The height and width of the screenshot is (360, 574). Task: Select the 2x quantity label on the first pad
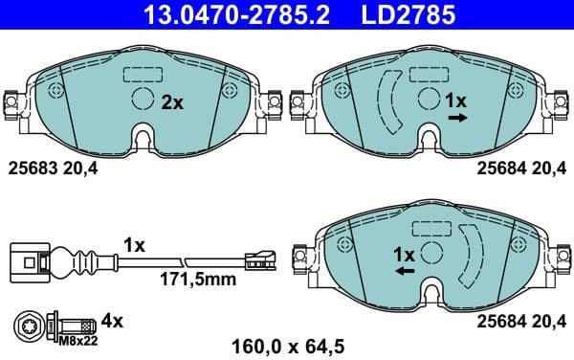click(x=171, y=101)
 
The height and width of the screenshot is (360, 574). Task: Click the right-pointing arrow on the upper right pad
click(x=457, y=118)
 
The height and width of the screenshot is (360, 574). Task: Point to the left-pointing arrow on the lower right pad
click(x=405, y=272)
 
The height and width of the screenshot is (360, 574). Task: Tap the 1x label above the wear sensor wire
click(x=133, y=245)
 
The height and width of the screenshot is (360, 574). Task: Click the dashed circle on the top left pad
click(x=141, y=100)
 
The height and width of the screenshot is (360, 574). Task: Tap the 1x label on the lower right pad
click(x=404, y=255)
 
